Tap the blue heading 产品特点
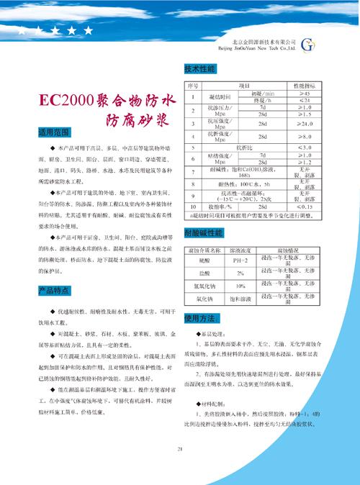click(53, 290)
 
